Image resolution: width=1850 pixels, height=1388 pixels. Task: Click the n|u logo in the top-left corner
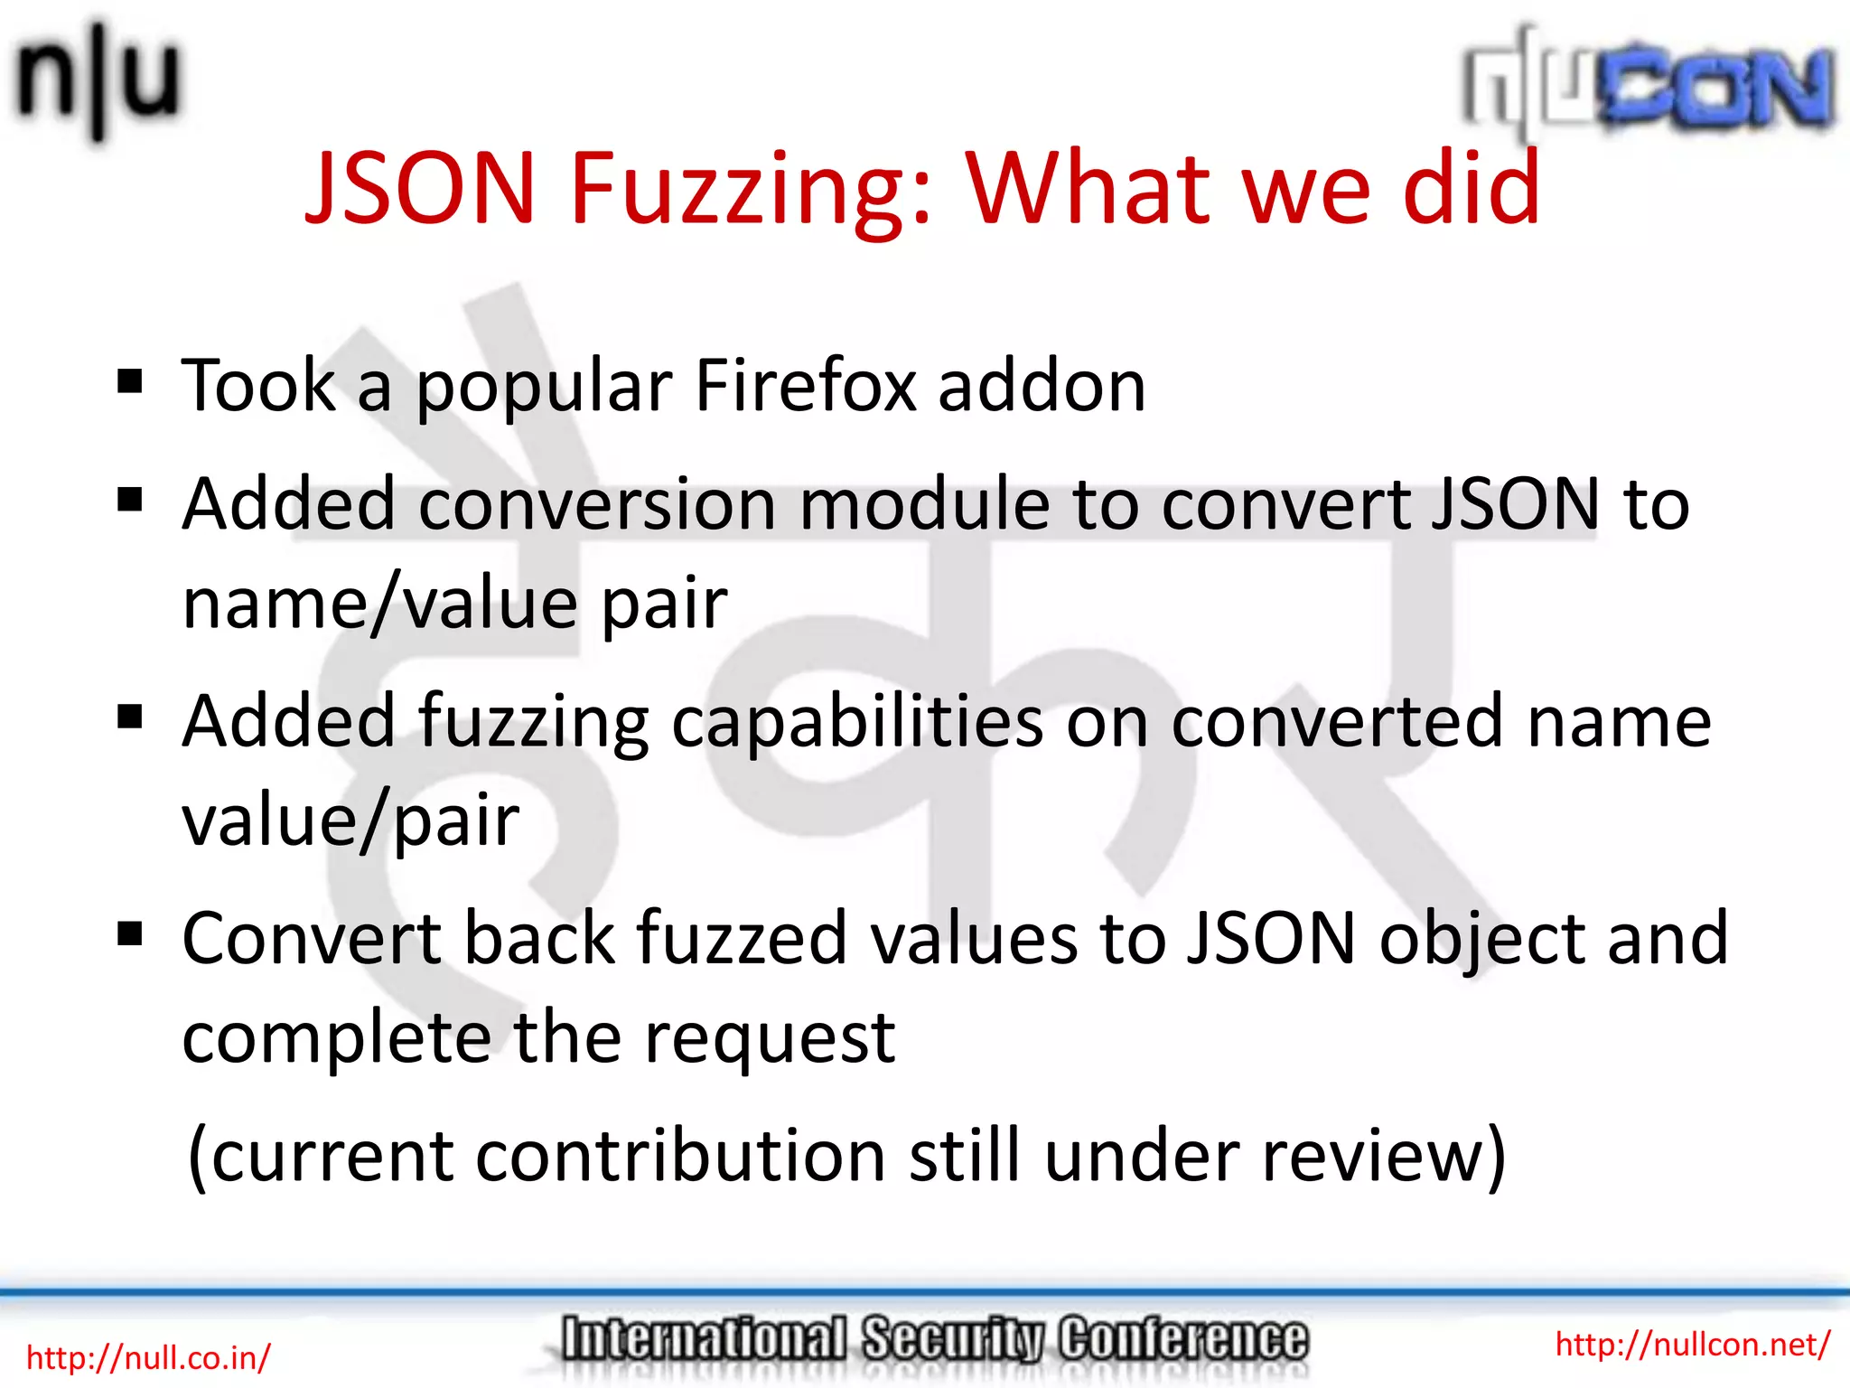(98, 81)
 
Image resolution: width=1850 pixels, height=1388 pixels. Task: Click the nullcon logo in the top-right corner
(1649, 86)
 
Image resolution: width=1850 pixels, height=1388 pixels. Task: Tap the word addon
(1042, 386)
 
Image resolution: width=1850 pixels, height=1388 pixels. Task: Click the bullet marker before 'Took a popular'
(130, 382)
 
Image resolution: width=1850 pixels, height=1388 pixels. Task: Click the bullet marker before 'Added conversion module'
(130, 500)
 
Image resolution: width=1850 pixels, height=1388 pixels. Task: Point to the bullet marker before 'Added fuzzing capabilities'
(130, 717)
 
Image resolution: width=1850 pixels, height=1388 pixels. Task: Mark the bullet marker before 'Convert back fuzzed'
(130, 933)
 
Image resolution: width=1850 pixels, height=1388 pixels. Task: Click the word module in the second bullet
(923, 503)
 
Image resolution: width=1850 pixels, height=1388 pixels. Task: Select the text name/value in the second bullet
(380, 603)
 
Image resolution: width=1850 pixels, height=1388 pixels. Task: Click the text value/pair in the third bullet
(350, 821)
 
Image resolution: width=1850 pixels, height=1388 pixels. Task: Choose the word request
(770, 1039)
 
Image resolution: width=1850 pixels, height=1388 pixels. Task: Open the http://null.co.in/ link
(148, 1357)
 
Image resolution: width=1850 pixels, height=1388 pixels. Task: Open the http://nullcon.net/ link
(1692, 1345)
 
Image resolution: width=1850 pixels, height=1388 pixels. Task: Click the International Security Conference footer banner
(933, 1339)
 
